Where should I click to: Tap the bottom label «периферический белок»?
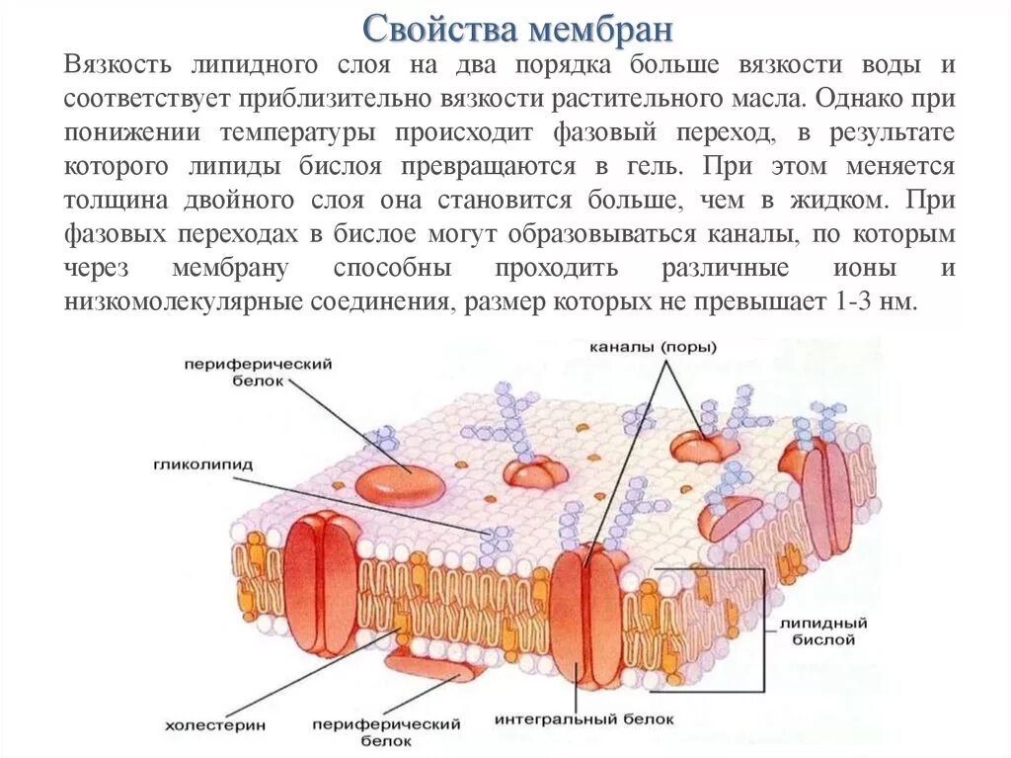pyautogui.click(x=386, y=731)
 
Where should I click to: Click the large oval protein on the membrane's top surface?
pyautogui.click(x=400, y=482)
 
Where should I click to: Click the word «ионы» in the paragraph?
pyautogui.click(x=870, y=269)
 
